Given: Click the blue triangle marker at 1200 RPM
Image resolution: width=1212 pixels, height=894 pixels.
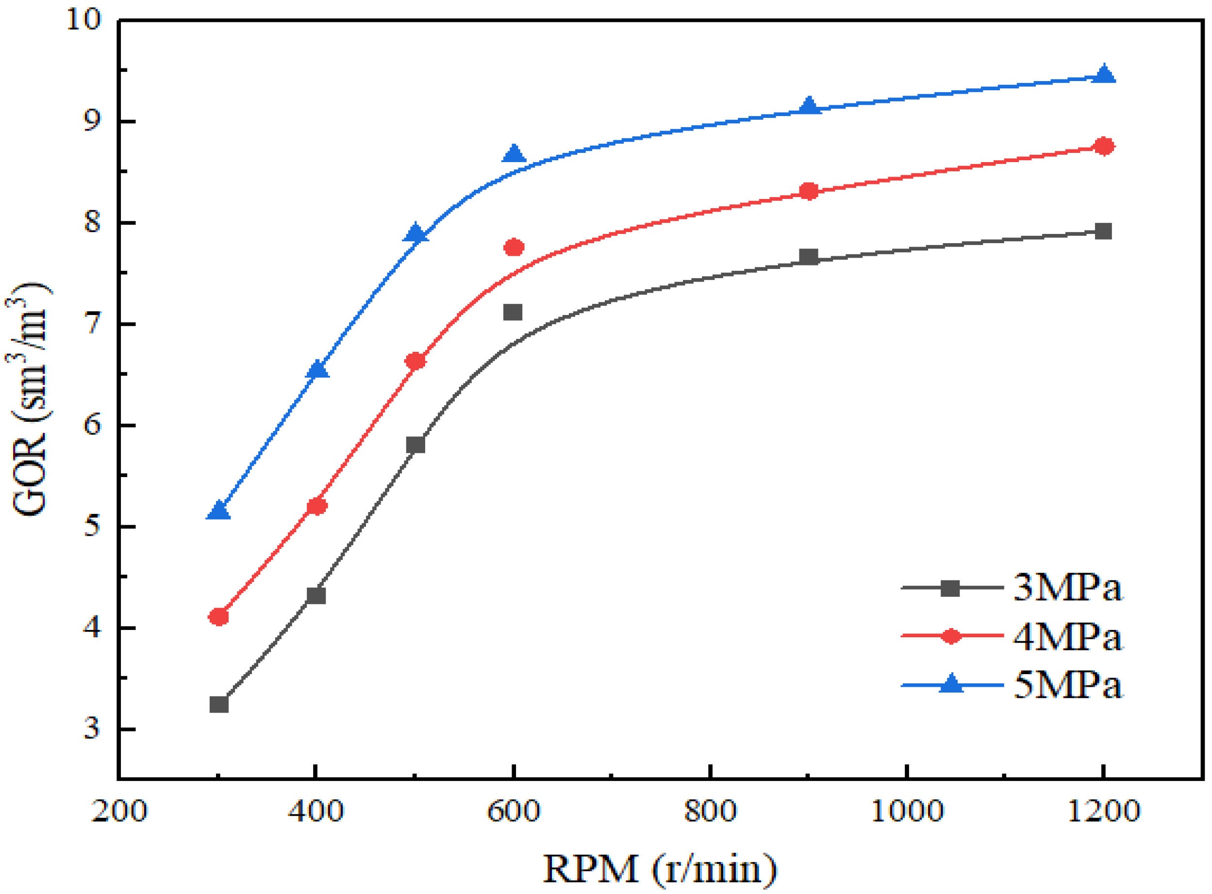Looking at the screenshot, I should tap(1104, 75).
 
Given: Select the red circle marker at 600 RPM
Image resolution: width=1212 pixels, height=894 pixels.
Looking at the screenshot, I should tap(514, 248).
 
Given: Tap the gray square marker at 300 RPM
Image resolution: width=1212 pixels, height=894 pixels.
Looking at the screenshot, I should tap(218, 705).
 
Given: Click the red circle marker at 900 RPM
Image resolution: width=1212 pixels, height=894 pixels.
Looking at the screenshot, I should tap(808, 191).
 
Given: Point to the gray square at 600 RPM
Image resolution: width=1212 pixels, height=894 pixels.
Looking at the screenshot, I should tap(513, 312).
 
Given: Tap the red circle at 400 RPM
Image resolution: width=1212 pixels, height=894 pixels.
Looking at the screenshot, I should tap(316, 507).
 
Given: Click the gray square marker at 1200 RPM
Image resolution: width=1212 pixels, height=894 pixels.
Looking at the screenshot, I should tap(1103, 232).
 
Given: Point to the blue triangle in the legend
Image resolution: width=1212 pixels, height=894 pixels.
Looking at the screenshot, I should tap(951, 684).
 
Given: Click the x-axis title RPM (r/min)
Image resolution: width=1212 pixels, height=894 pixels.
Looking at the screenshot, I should tap(660, 869).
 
